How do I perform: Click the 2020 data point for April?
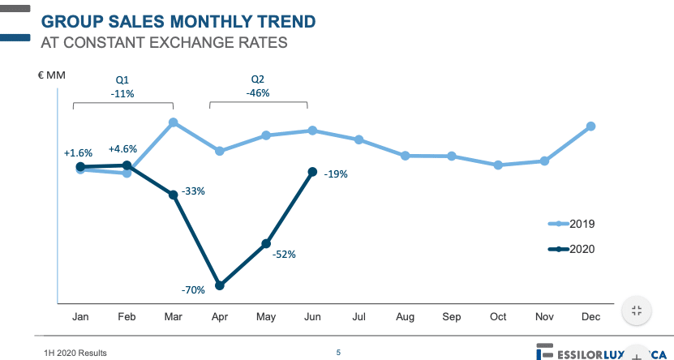pyautogui.click(x=220, y=285)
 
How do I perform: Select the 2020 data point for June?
pyautogui.click(x=312, y=171)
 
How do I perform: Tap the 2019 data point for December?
pyautogui.click(x=591, y=126)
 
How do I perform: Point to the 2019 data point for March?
pyautogui.click(x=174, y=122)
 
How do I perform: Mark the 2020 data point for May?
pyautogui.click(x=266, y=243)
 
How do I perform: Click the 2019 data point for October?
pyautogui.click(x=498, y=165)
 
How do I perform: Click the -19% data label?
pyautogui.click(x=336, y=174)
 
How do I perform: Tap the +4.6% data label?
pyautogui.click(x=122, y=148)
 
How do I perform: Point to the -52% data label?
pyautogui.click(x=285, y=254)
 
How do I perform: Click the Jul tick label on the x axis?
pyautogui.click(x=358, y=317)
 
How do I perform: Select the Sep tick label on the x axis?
pyautogui.click(x=452, y=317)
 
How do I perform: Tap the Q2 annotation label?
pyautogui.click(x=257, y=79)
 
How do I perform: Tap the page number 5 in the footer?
pyautogui.click(x=338, y=353)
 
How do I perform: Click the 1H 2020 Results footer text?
pyautogui.click(x=75, y=353)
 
